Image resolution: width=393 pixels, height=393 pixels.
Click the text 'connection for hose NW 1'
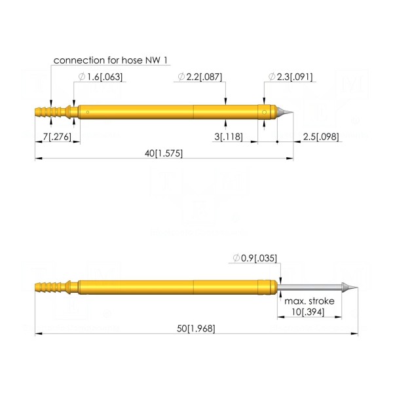pos(110,60)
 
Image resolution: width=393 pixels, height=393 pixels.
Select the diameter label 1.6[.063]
pos(101,77)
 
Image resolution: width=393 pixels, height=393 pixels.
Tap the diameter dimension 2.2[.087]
pos(200,77)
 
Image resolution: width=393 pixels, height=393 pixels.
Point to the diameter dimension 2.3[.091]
pos(290,77)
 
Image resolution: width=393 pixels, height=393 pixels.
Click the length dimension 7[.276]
pos(57,137)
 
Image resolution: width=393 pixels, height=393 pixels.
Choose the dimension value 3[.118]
pos(229,137)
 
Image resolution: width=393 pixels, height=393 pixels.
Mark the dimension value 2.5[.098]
pos(321,137)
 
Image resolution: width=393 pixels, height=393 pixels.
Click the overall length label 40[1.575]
pos(164,153)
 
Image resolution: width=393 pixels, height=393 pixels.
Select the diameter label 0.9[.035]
pos(255,258)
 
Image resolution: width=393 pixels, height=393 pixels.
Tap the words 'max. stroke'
pos(309,301)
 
